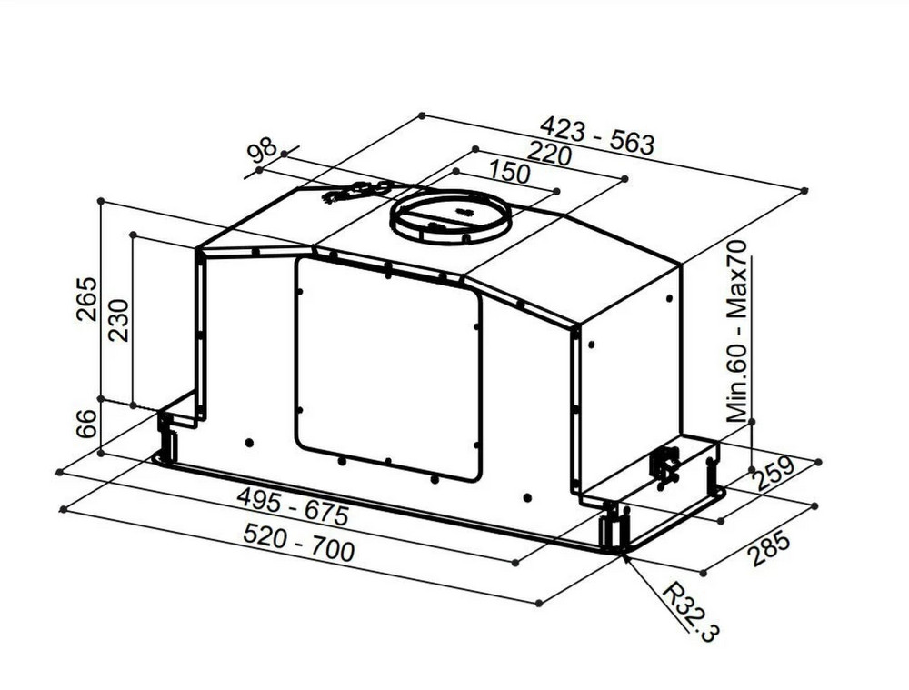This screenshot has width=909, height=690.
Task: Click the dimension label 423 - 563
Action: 597,135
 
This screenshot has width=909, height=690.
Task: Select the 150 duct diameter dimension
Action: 510,171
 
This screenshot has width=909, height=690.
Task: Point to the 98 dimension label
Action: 262,150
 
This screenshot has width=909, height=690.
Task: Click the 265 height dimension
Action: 87,298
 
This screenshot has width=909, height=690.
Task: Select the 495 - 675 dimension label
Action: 294,505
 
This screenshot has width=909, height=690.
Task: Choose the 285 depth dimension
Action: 769,546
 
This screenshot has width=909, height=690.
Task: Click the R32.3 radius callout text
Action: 691,612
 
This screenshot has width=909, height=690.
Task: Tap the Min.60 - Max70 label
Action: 737,331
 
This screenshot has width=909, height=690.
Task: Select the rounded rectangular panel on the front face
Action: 388,368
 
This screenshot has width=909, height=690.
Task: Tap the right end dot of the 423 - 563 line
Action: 804,190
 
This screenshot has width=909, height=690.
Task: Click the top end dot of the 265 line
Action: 100,201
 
